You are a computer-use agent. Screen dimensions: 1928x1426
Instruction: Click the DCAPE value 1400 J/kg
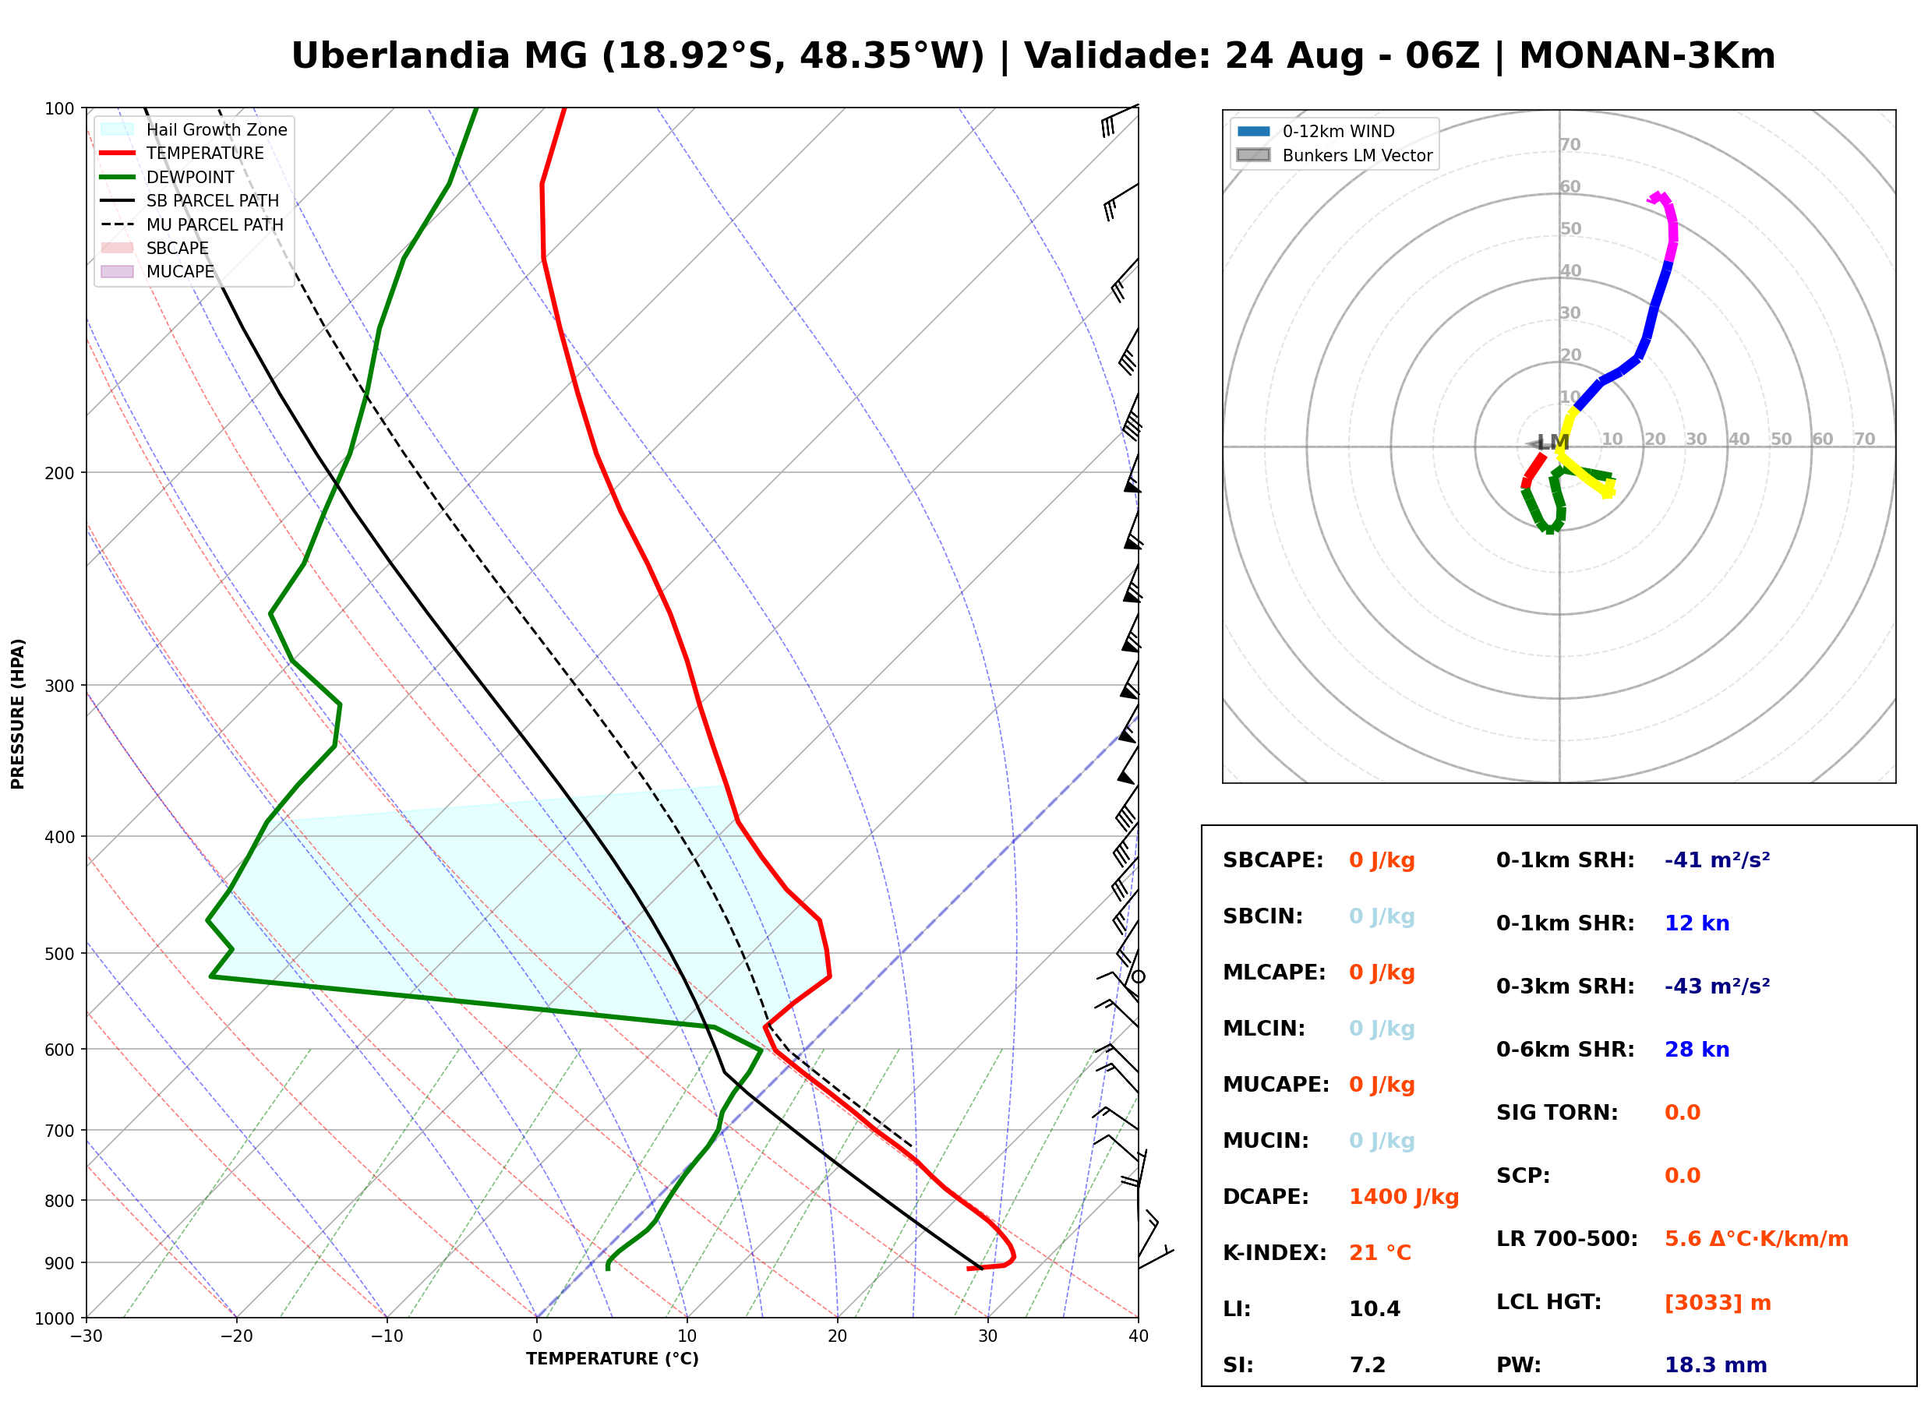point(1404,1196)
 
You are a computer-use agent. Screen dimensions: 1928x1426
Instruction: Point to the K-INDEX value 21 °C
point(1380,1252)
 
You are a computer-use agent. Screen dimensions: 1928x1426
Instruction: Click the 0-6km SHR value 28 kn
point(1697,1049)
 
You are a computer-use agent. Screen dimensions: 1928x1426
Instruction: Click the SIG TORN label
point(1557,1112)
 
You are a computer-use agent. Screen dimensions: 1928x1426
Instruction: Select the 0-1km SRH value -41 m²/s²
point(1717,859)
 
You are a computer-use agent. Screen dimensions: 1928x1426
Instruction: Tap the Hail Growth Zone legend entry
point(194,129)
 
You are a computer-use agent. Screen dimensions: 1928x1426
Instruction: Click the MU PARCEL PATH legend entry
point(192,224)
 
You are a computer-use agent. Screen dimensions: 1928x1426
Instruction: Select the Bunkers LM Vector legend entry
point(1334,155)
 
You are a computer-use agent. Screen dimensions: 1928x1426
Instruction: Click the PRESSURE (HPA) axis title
point(18,713)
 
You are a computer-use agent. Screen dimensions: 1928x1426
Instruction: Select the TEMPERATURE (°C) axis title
point(612,1359)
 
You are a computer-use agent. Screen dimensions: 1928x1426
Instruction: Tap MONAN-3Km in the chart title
point(1647,55)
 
